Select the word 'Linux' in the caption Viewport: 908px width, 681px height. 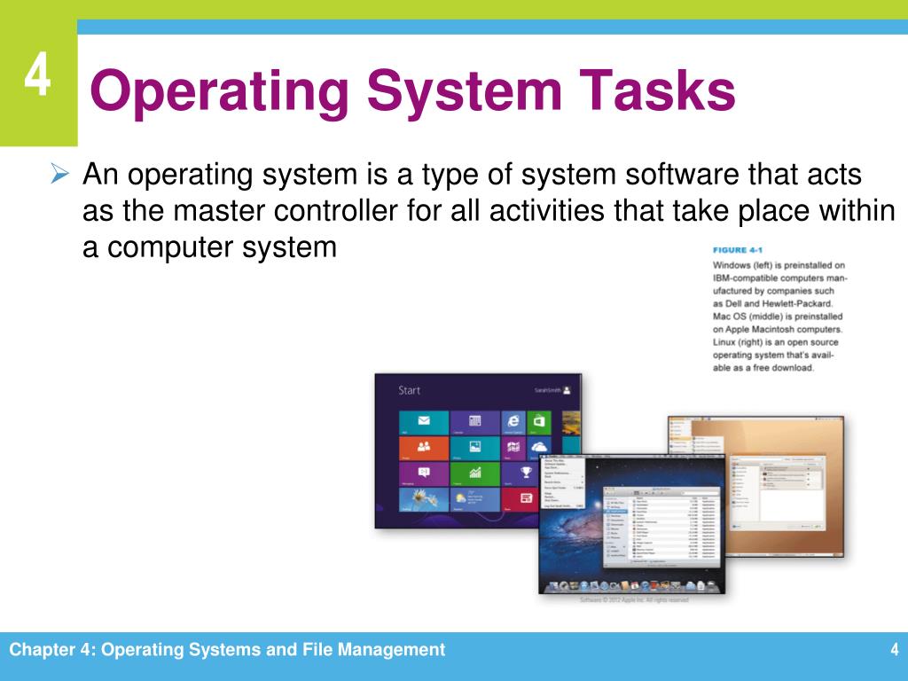coord(727,342)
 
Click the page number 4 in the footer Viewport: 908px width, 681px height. coord(895,651)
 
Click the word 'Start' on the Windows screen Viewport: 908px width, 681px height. coord(409,389)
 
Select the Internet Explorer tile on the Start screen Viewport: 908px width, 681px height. coord(513,422)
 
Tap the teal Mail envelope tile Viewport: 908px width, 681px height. coord(423,422)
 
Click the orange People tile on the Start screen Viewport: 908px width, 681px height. coord(423,447)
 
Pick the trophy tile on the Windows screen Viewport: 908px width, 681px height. coord(526,472)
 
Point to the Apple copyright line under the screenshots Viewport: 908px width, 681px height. coord(633,600)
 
